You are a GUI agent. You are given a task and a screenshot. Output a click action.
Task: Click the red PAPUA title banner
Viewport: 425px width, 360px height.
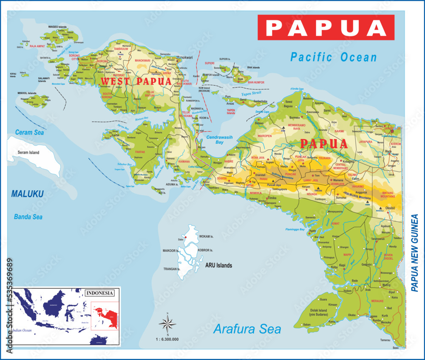click(326, 28)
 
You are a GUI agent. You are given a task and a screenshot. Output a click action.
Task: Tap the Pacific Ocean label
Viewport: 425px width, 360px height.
click(334, 57)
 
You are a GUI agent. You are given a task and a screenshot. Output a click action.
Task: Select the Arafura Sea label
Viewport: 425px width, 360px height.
click(247, 329)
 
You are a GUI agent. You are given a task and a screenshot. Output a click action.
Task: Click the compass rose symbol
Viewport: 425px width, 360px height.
click(167, 324)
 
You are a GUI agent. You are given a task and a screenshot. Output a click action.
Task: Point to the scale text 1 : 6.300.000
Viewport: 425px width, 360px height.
click(167, 339)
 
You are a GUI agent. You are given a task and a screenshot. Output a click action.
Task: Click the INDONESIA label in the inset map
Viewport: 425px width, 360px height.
click(100, 293)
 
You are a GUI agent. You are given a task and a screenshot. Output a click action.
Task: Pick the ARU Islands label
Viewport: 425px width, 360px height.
click(218, 265)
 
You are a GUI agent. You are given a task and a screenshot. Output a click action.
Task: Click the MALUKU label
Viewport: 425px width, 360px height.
click(27, 194)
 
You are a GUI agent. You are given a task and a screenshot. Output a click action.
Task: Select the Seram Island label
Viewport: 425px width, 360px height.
click(28, 152)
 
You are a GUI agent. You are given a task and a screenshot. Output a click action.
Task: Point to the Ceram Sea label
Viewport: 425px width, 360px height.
click(30, 132)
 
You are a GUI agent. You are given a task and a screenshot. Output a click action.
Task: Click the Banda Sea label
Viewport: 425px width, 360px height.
click(28, 217)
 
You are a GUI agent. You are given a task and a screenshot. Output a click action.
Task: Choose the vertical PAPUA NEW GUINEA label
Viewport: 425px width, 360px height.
click(415, 253)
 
